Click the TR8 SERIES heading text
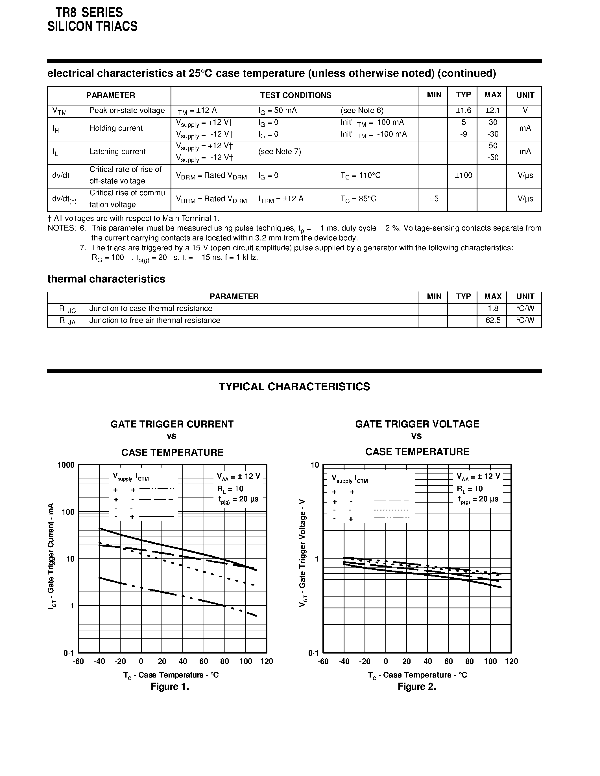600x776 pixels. click(89, 13)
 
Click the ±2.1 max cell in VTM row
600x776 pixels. click(493, 111)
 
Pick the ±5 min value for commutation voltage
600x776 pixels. click(434, 199)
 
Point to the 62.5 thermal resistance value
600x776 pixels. click(493, 321)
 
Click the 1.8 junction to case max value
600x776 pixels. click(493, 308)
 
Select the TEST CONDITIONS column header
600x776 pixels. click(295, 95)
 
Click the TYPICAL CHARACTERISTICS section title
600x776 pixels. click(294, 387)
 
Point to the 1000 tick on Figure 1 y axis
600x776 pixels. click(66, 465)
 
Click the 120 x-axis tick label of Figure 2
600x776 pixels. click(511, 661)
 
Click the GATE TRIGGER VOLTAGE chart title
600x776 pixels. click(417, 424)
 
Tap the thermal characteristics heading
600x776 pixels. click(106, 279)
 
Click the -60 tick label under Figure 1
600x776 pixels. click(78, 661)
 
